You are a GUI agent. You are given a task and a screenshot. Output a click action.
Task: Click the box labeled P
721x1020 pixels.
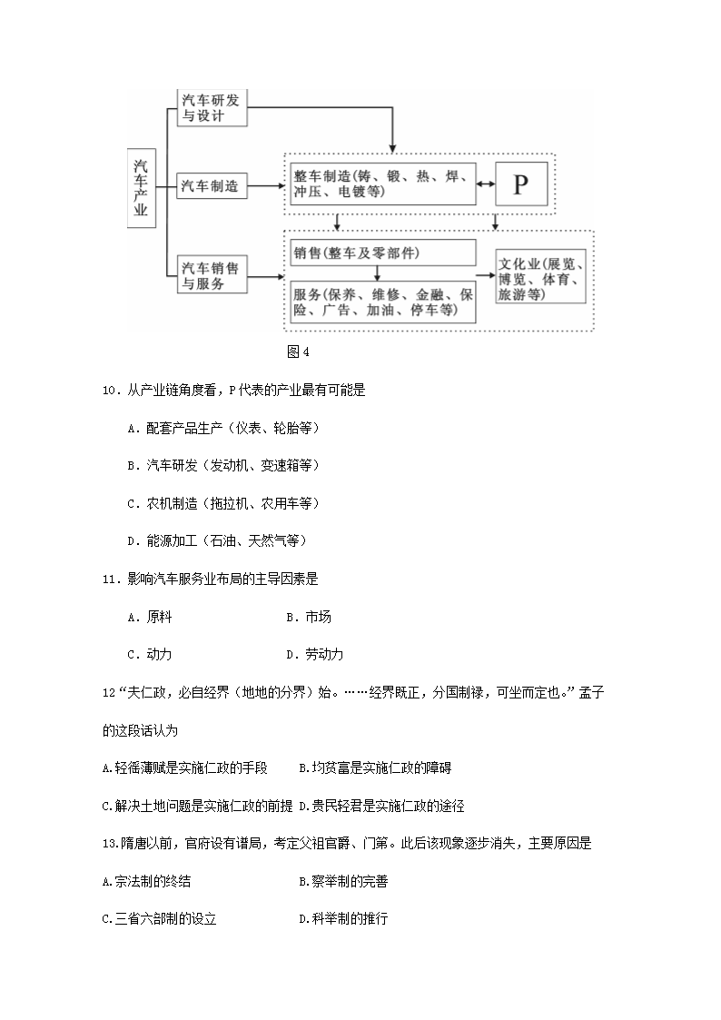click(x=519, y=184)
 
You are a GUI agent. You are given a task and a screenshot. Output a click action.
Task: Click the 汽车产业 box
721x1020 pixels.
click(x=141, y=189)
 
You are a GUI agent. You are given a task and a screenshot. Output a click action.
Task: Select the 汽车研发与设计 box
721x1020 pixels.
click(x=211, y=107)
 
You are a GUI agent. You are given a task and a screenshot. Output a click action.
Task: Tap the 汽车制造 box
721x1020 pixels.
click(x=211, y=185)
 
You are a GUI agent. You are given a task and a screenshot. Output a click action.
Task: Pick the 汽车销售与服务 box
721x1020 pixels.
click(x=211, y=276)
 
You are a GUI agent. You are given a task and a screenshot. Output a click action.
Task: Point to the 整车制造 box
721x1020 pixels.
click(x=381, y=184)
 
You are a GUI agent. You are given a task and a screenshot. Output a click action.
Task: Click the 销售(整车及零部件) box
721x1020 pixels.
click(x=381, y=253)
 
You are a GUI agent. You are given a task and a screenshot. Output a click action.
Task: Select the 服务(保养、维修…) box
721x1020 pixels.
click(x=381, y=302)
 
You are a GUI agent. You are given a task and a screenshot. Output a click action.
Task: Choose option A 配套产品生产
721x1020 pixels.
click(x=223, y=427)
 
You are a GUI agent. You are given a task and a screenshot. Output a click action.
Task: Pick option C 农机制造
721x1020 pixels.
click(x=223, y=502)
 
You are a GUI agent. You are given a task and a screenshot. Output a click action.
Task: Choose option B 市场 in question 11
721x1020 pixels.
click(x=309, y=617)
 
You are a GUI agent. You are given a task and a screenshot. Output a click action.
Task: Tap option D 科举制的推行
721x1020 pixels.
click(x=343, y=918)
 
